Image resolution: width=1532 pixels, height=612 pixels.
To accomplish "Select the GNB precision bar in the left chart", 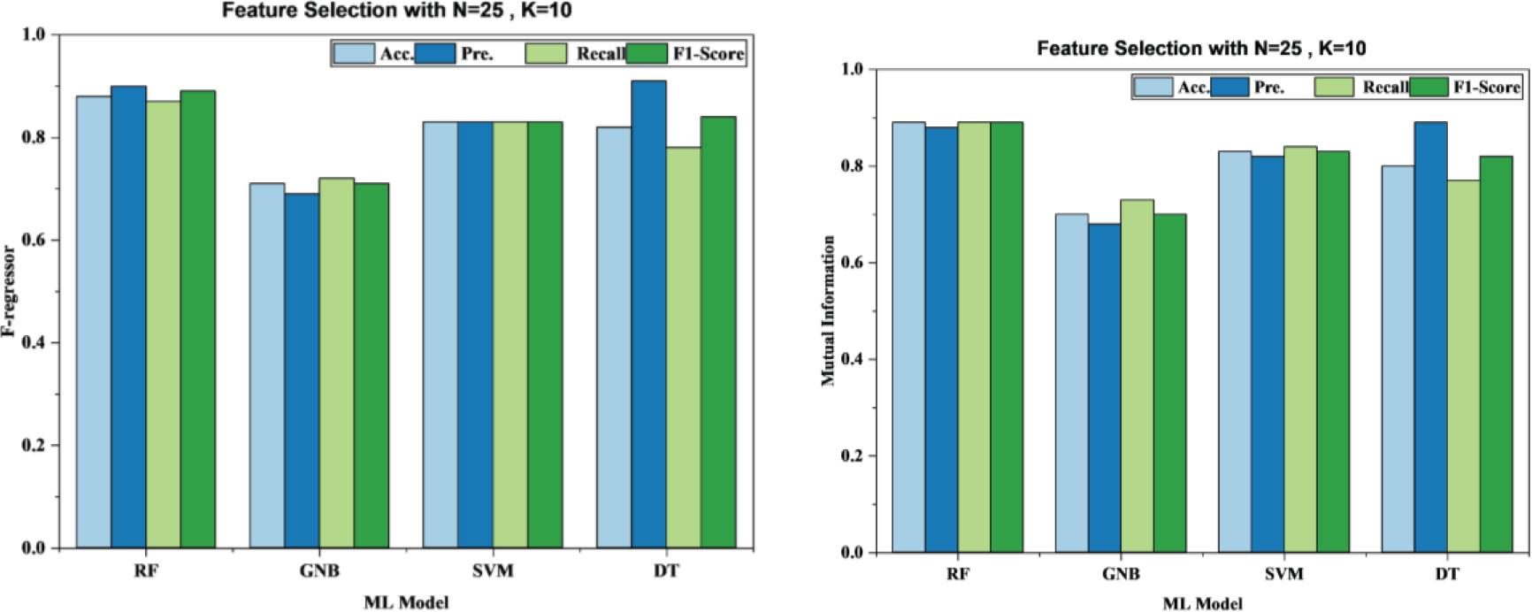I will click(302, 371).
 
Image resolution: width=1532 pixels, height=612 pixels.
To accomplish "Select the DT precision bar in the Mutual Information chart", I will click(1431, 337).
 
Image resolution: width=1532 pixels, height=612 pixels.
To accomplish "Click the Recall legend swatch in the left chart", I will click(548, 53).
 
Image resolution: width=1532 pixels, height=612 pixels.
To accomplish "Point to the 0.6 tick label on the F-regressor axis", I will click(33, 241).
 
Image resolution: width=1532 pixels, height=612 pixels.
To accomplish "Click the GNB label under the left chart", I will click(319, 570).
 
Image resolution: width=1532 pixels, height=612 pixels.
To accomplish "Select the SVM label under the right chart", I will click(1284, 574).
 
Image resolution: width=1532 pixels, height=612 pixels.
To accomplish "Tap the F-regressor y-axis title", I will click(10, 292).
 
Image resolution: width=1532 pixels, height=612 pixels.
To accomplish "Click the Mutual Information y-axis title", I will click(828, 310).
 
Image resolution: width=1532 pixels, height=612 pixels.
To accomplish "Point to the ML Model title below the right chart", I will click(1201, 604).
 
